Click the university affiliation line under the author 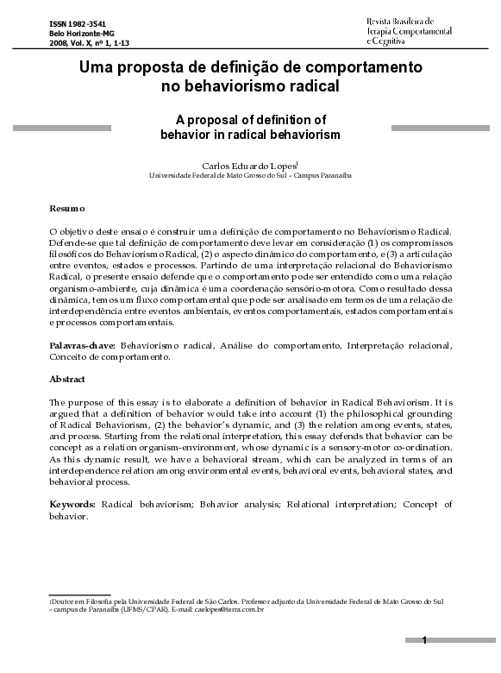[250, 174]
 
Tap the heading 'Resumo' [66, 209]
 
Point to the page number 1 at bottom [424, 640]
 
